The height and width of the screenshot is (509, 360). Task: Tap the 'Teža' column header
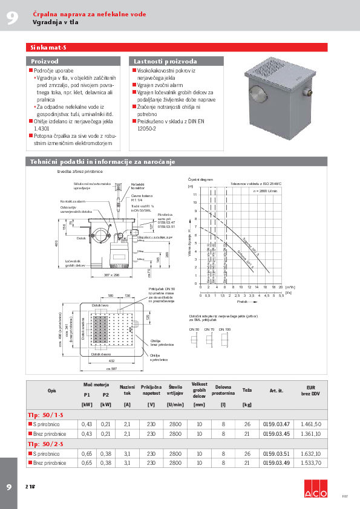(x=247, y=390)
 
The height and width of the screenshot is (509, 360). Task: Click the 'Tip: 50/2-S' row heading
(x=45, y=444)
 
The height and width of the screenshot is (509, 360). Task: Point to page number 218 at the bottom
(x=30, y=486)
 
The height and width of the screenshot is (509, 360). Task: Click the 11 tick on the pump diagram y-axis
(x=195, y=195)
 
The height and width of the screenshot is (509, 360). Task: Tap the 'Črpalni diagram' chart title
(x=201, y=180)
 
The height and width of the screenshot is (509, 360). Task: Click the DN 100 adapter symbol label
(x=224, y=329)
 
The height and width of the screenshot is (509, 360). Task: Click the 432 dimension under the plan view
(x=111, y=360)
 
